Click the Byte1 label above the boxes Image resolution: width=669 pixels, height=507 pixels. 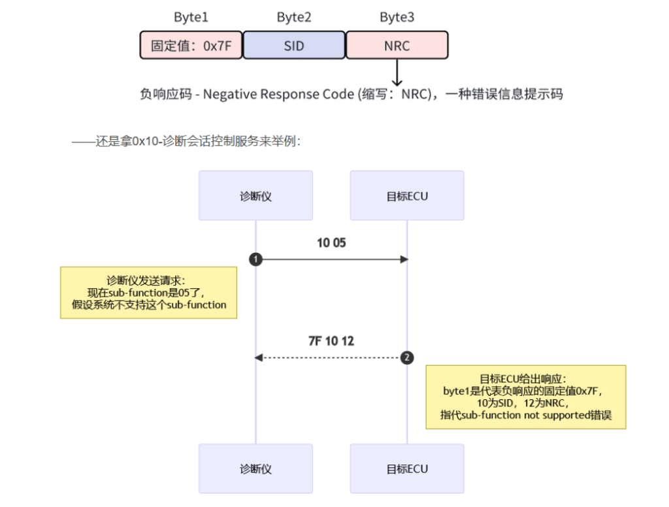point(191,17)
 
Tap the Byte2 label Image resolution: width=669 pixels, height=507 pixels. point(294,17)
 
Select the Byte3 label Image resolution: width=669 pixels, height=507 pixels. point(397,17)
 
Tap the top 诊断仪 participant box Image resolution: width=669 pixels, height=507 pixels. point(255,195)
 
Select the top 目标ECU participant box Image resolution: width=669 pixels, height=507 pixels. point(407,195)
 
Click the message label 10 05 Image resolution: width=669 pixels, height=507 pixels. point(331,243)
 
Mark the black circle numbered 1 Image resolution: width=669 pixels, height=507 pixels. point(255,259)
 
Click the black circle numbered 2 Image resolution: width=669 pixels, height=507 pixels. point(407,357)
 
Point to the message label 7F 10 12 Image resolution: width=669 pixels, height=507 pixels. point(331,341)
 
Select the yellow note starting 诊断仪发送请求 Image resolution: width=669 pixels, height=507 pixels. point(148,292)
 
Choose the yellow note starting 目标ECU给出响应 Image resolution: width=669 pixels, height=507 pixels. point(525,397)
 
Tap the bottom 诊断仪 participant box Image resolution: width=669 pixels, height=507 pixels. point(255,468)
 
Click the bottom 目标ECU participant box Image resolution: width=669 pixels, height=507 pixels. point(407,468)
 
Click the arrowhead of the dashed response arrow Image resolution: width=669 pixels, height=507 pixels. point(259,357)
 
